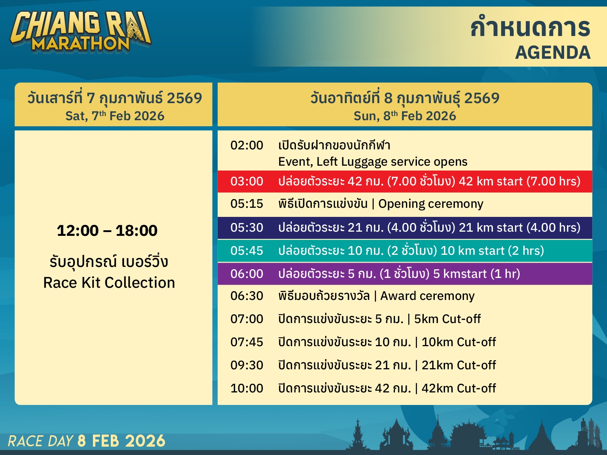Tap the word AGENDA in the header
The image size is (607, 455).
(x=553, y=52)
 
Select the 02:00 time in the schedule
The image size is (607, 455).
(x=247, y=145)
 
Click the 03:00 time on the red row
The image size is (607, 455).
(x=247, y=182)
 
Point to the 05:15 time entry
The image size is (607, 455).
(x=247, y=204)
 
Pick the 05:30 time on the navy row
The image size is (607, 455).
(x=247, y=227)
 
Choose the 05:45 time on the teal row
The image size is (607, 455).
(x=247, y=251)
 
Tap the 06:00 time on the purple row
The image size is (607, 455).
(x=247, y=274)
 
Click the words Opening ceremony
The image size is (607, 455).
(x=431, y=204)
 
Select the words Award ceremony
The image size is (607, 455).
(x=427, y=296)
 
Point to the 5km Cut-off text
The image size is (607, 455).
(x=447, y=319)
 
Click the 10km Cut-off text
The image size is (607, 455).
(x=459, y=342)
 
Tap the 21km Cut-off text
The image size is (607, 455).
(x=459, y=365)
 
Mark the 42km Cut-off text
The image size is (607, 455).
(x=459, y=388)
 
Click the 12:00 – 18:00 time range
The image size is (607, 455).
(x=107, y=231)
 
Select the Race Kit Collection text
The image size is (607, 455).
(x=109, y=282)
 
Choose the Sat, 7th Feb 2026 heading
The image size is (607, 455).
(x=115, y=116)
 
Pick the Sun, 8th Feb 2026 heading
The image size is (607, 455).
(x=405, y=116)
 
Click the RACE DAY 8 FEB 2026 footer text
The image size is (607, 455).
(x=86, y=441)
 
